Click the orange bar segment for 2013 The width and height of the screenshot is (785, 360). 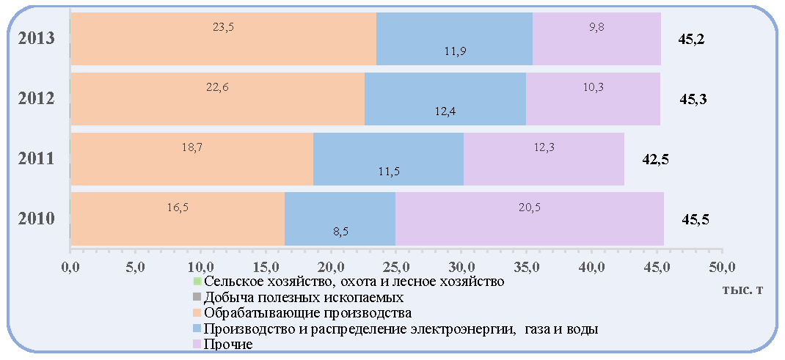click(223, 39)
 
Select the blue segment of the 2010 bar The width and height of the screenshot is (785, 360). click(340, 219)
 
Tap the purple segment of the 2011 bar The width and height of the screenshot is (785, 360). click(544, 159)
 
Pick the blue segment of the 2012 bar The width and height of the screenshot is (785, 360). click(445, 99)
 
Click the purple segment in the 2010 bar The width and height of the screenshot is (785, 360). click(530, 219)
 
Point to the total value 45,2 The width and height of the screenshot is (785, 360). click(691, 39)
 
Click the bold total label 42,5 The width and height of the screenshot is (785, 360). click(655, 160)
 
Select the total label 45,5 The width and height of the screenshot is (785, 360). click(695, 219)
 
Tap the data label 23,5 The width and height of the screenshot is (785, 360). click(223, 28)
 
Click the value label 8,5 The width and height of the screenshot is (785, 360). click(341, 232)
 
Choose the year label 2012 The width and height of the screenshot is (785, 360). click(36, 99)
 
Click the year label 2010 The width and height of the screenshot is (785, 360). click(36, 219)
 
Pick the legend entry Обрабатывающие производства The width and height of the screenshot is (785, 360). click(302, 314)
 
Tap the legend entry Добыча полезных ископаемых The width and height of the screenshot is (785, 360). click(299, 298)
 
